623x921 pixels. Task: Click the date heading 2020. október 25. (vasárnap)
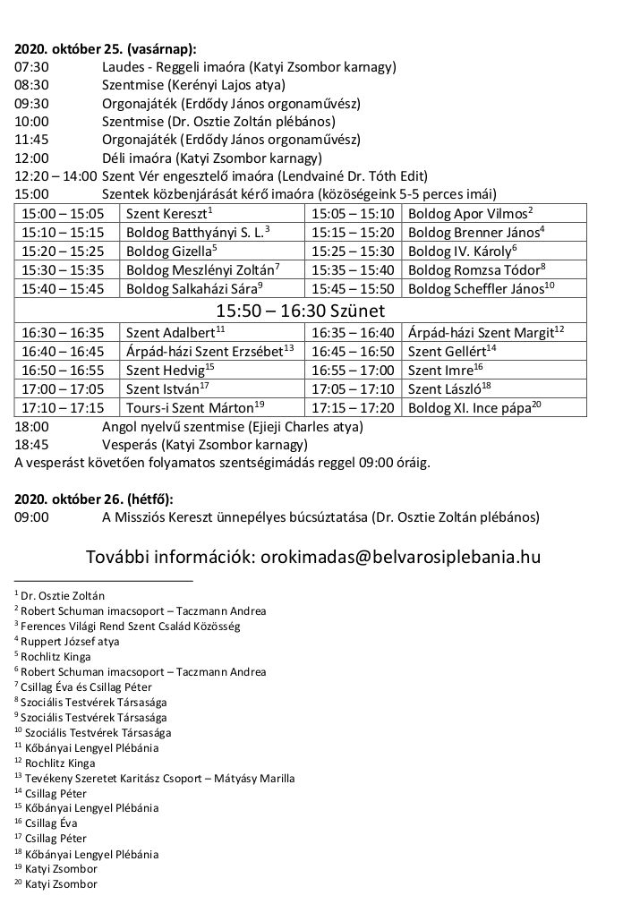click(106, 49)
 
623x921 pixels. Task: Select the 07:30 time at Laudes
click(32, 67)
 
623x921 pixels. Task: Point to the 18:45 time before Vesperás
click(32, 444)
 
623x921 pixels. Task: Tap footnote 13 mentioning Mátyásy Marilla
click(154, 778)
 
